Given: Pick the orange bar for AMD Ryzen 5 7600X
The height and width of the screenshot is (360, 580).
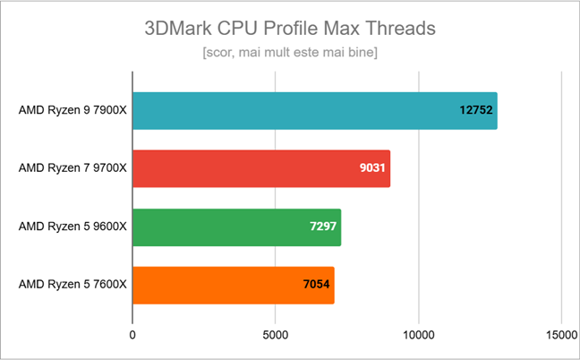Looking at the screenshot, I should click(233, 285).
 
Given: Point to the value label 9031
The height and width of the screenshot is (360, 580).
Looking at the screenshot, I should click(370, 168).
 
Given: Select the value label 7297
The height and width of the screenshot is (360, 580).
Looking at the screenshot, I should click(320, 227).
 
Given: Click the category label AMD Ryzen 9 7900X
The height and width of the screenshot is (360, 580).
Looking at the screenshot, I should click(72, 111).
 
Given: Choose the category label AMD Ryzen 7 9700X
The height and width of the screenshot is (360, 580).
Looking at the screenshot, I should click(72, 168).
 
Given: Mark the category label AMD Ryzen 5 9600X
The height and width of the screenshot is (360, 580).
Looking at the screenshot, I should click(72, 227).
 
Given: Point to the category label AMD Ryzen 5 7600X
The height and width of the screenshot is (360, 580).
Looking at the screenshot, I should click(72, 285).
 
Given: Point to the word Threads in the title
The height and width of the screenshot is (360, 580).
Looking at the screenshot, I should click(400, 28).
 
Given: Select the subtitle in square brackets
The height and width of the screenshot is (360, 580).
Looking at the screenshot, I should click(290, 54).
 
